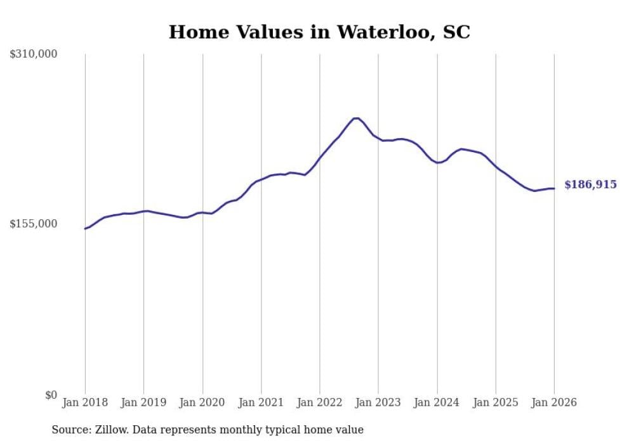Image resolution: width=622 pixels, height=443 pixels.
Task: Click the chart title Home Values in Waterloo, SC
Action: pyautogui.click(x=319, y=32)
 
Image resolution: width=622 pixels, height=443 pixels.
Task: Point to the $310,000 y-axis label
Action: pyautogui.click(x=34, y=55)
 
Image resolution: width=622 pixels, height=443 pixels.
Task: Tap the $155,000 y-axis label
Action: pyautogui.click(x=34, y=224)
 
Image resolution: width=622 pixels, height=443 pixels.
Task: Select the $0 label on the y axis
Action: pyautogui.click(x=51, y=395)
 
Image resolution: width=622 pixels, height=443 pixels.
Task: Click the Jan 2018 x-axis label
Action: pyautogui.click(x=85, y=402)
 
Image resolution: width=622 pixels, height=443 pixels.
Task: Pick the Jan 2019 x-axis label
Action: pyautogui.click(x=143, y=402)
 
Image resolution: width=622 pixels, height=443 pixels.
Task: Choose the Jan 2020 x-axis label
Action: pyautogui.click(x=202, y=402)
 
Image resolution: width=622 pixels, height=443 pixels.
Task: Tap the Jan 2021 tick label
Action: pyautogui.click(x=261, y=402)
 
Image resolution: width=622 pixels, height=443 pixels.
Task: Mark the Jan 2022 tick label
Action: pyautogui.click(x=320, y=402)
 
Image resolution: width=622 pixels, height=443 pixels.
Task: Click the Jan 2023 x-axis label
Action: pyautogui.click(x=378, y=402)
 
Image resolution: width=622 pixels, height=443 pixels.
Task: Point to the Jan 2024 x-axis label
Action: pyautogui.click(x=437, y=402)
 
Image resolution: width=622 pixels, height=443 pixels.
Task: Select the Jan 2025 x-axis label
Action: pyautogui.click(x=496, y=402)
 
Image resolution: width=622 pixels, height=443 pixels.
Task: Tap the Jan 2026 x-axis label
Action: pyautogui.click(x=554, y=402)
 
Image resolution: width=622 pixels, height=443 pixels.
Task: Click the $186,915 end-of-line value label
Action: pyautogui.click(x=590, y=185)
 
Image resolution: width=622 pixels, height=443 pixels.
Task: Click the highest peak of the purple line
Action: pyautogui.click(x=356, y=118)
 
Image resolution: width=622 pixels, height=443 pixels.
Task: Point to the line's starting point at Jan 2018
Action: pyautogui.click(x=85, y=228)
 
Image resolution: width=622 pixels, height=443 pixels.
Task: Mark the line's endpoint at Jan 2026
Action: pyautogui.click(x=554, y=188)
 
